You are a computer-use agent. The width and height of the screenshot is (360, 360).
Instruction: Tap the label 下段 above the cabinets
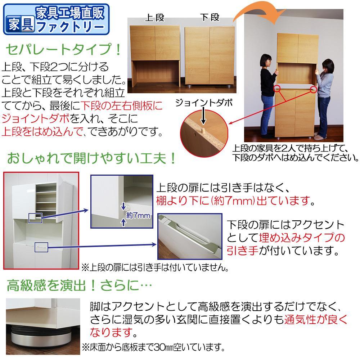[x=210, y=17]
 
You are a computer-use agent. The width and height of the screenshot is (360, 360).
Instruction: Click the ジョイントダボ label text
[x=204, y=103]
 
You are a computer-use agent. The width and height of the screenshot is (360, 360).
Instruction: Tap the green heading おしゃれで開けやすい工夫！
[x=92, y=159]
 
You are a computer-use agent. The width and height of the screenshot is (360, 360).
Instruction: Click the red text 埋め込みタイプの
[x=302, y=238]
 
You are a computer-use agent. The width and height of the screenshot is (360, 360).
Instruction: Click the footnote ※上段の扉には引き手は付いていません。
[x=155, y=267]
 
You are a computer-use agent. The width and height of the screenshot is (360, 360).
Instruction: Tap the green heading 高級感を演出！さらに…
[x=79, y=286]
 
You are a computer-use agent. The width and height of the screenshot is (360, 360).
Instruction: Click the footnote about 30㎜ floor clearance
[x=153, y=347]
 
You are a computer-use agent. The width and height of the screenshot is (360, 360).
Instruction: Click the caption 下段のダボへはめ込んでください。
[x=295, y=157]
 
